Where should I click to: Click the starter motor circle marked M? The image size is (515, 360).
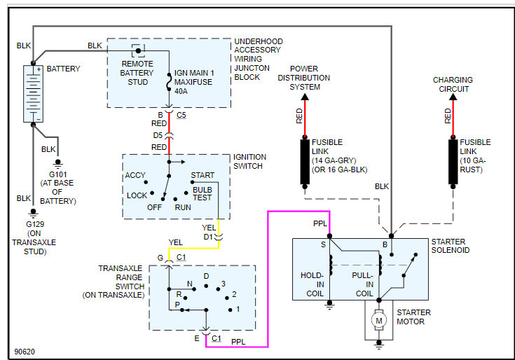[379, 320]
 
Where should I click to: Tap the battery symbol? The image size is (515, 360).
[32, 94]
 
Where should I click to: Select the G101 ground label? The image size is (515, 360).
[57, 184]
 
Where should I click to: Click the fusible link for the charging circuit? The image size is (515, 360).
[453, 161]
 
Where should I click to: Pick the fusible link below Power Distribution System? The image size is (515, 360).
[305, 161]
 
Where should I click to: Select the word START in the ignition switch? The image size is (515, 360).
[202, 175]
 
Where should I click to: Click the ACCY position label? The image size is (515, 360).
[135, 175]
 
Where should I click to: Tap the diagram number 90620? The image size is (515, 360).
[25, 351]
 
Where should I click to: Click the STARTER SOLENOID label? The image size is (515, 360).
[451, 246]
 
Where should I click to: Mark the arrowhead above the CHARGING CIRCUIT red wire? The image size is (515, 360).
[453, 97]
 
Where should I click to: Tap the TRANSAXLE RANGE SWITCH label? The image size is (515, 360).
[122, 282]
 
